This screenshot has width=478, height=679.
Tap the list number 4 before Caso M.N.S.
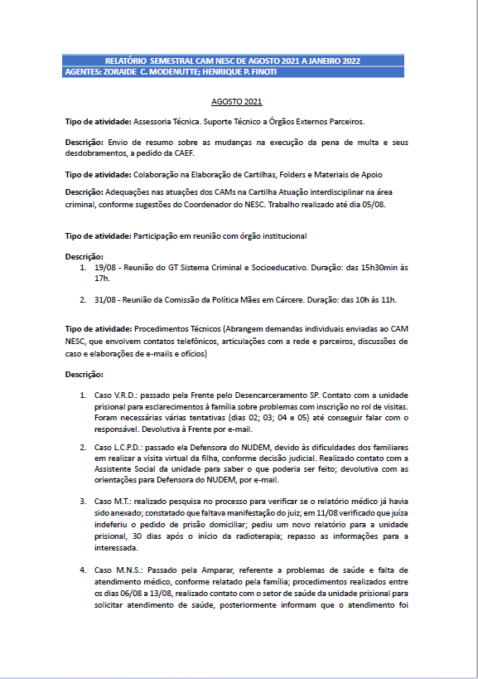pyautogui.click(x=83, y=570)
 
